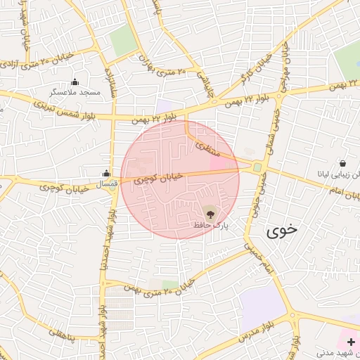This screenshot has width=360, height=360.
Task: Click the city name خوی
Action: click(x=282, y=230)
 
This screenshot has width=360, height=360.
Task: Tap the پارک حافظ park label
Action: click(x=212, y=225)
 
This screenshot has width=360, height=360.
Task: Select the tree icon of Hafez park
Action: click(x=210, y=212)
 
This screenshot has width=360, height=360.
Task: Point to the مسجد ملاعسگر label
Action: click(x=75, y=93)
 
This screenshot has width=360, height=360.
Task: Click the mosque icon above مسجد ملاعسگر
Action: click(x=75, y=82)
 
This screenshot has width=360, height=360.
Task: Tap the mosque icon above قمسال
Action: click(x=106, y=173)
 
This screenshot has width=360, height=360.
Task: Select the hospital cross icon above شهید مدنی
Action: click(x=351, y=342)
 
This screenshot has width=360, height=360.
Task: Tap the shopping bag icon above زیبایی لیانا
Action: click(x=342, y=162)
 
